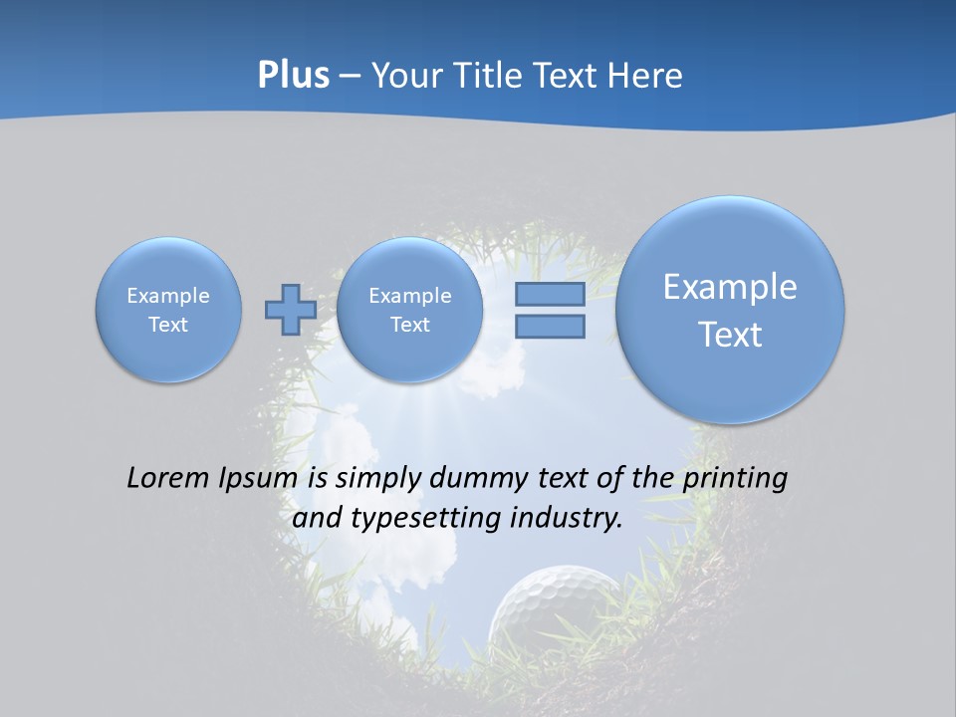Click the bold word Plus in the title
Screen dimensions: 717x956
point(293,76)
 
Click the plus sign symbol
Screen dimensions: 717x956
point(291,310)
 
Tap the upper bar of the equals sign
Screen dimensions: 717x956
point(550,294)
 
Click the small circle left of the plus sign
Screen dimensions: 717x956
point(168,310)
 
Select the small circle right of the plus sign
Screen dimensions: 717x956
point(409,310)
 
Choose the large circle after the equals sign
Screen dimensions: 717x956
point(730,310)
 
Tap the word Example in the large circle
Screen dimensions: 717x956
point(730,287)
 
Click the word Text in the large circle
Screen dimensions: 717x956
point(730,335)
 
